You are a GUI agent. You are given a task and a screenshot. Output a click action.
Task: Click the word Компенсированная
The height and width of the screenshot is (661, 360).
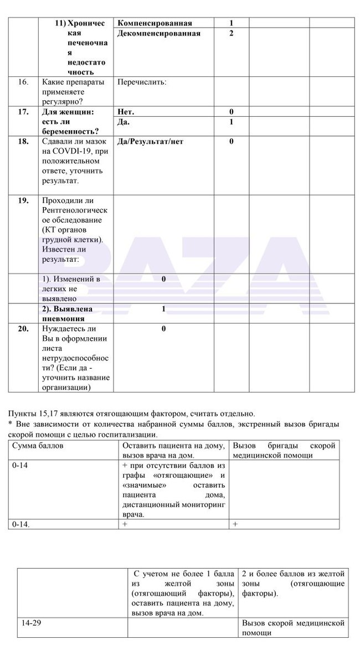tap(155, 23)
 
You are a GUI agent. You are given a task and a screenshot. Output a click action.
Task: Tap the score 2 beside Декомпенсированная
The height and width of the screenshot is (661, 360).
tap(231, 33)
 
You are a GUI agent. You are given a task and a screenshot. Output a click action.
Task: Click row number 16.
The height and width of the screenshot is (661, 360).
tap(23, 82)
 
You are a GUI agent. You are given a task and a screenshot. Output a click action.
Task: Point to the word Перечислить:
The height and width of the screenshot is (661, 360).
tap(142, 82)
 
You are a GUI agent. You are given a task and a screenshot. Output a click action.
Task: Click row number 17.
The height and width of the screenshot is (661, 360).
tap(23, 112)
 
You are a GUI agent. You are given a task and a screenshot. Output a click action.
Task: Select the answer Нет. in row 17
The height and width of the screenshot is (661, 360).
tap(126, 112)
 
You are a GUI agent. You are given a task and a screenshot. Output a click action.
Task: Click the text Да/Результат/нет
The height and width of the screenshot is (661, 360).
tap(150, 141)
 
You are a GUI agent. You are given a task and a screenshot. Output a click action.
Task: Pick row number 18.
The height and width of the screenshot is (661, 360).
tap(23, 141)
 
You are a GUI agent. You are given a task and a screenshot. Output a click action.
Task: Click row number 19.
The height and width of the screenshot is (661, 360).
tap(23, 200)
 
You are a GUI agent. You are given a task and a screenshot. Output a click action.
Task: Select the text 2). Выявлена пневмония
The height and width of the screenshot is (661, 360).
tap(67, 313)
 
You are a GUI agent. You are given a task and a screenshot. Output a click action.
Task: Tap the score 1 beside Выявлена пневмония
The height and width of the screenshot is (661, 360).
tap(163, 309)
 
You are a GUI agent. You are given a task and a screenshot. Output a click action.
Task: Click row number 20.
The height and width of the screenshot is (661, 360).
tap(23, 329)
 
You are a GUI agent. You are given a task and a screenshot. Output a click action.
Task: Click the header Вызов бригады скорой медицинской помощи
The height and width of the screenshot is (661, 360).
tap(284, 450)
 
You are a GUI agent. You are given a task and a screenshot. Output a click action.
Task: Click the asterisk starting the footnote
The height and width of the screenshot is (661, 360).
tap(10, 424)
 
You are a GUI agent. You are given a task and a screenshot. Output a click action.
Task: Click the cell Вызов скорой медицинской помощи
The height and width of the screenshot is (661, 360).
tap(293, 628)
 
